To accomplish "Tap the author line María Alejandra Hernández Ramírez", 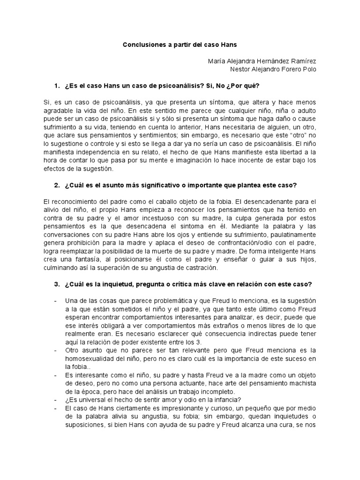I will [x=262, y=61].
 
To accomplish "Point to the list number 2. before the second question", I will [x=57, y=185].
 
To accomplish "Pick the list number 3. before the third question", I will [x=57, y=284].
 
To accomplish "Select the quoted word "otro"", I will [x=294, y=135].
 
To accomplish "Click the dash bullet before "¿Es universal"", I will [x=56, y=399].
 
